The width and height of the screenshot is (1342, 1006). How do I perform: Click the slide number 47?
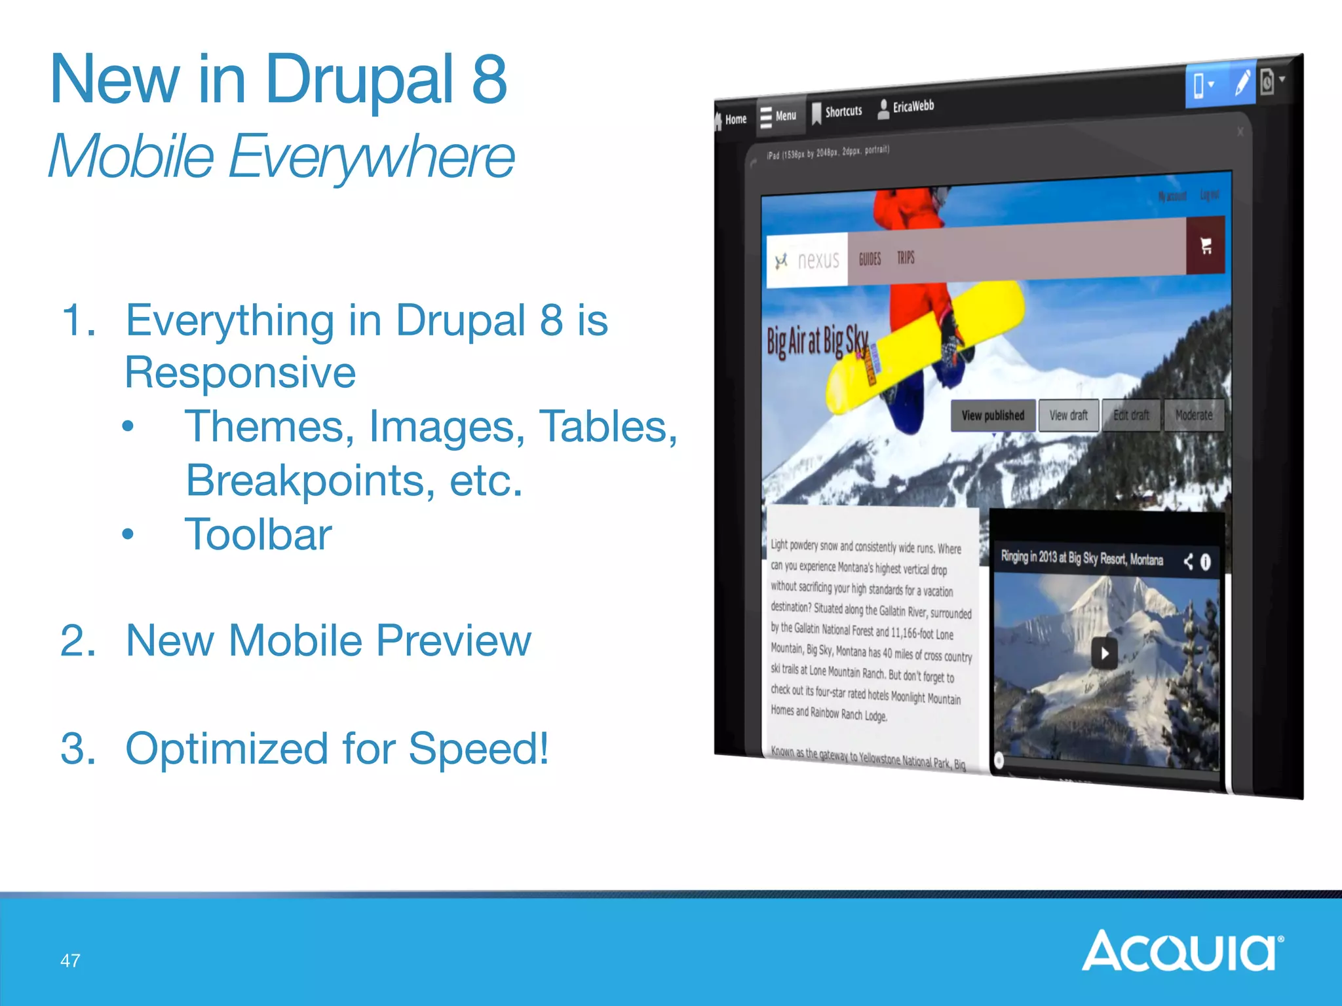point(70,961)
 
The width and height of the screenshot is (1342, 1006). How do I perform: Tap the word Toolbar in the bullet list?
point(258,534)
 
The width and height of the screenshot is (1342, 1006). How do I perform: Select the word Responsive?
point(240,372)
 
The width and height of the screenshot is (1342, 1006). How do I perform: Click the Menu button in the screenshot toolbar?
point(778,117)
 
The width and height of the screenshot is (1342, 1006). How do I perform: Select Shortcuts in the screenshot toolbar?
point(837,112)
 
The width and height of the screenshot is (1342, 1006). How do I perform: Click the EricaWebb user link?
point(906,107)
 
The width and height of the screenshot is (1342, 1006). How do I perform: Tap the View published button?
point(993,415)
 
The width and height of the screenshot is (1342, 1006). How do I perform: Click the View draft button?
point(1068,415)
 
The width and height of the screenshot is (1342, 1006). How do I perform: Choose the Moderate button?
point(1193,415)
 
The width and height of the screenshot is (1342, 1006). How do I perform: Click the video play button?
point(1105,653)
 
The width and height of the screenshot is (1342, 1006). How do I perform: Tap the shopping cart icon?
point(1206,246)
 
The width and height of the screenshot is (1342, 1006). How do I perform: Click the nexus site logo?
point(808,261)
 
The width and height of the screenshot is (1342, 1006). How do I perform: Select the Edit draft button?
point(1131,415)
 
